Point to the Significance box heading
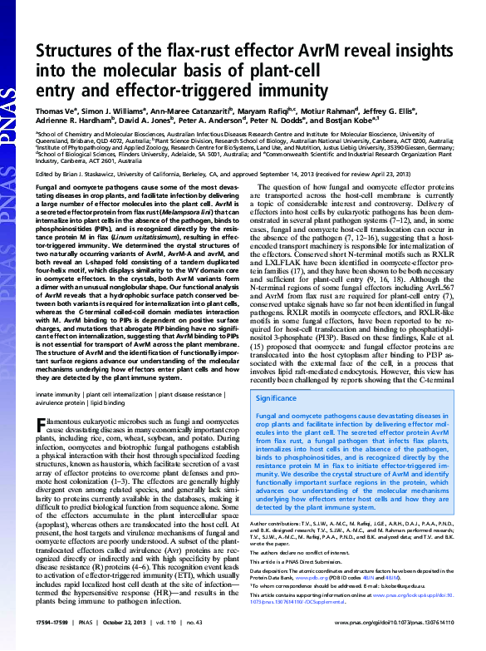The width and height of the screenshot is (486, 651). pos(278,399)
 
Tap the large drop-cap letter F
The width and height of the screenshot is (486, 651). pos(41,425)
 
